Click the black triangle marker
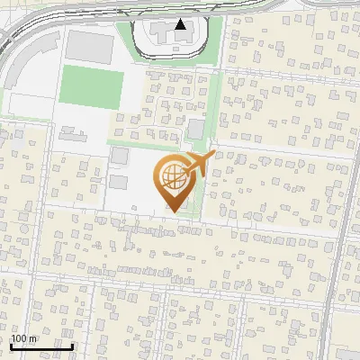tap(181, 25)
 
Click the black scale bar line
tap(40, 346)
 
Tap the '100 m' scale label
tap(23, 338)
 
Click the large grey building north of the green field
tap(86, 44)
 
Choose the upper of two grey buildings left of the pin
tap(119, 156)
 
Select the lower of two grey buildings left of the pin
tap(118, 183)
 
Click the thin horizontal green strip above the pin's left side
tap(144, 142)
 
